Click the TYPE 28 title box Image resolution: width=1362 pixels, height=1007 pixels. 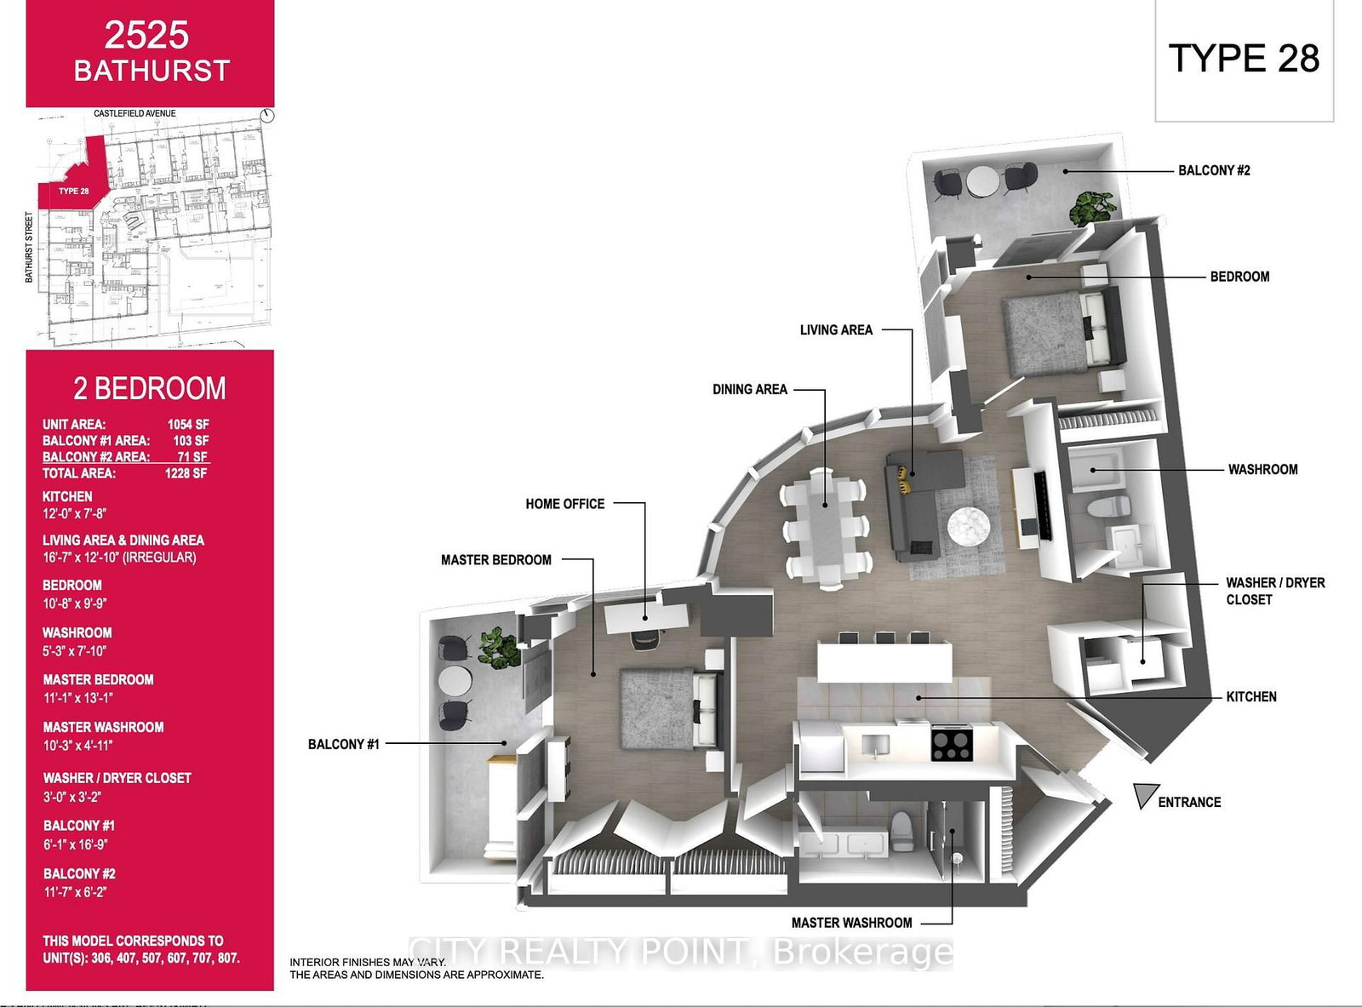click(1244, 60)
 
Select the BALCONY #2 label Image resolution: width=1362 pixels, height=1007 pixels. click(1214, 170)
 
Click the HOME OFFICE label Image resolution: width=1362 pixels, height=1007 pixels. click(565, 504)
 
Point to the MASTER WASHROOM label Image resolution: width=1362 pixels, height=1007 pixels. click(851, 923)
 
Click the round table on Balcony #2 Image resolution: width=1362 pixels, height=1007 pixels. click(985, 181)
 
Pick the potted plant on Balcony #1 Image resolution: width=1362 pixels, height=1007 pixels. click(498, 647)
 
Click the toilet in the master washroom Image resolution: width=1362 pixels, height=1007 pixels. click(901, 830)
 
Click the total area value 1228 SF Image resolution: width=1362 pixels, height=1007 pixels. click(186, 473)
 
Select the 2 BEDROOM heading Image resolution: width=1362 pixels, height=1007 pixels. click(150, 389)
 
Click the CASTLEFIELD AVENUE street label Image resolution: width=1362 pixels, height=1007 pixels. click(134, 113)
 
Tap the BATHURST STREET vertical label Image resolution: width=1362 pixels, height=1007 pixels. click(30, 247)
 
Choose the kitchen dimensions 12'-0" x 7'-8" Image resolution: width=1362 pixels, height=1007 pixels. click(75, 513)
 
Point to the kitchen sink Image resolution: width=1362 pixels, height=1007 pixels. click(874, 745)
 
